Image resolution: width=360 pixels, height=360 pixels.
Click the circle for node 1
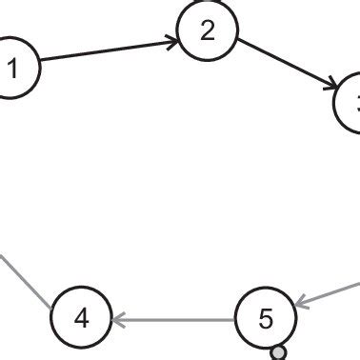(13, 68)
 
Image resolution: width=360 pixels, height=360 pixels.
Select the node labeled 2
(208, 31)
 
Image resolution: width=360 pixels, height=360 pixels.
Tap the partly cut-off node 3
(350, 103)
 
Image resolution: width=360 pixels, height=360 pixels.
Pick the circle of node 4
(81, 317)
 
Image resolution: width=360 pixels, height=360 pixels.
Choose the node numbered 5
(266, 318)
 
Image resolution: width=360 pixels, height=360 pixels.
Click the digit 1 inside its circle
(12, 69)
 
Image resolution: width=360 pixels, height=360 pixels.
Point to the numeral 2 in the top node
(208, 31)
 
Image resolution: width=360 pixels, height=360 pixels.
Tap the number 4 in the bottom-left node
(81, 318)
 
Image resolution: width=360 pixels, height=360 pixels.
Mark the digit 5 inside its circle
(266, 318)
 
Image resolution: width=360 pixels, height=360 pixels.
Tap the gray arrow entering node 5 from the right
(329, 292)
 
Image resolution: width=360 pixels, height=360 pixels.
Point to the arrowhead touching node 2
(171, 40)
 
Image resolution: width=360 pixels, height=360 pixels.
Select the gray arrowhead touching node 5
(301, 304)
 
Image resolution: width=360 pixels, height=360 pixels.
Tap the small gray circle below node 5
(278, 353)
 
